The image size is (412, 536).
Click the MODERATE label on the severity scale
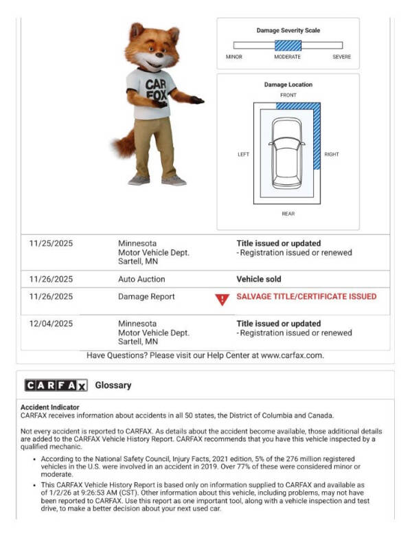tap(288, 57)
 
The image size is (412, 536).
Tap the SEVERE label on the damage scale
tap(341, 57)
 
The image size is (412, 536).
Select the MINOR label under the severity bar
tap(234, 57)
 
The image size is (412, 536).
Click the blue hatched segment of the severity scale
tap(288, 45)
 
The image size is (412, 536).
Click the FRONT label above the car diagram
tap(288, 95)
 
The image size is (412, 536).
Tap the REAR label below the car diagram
tap(288, 214)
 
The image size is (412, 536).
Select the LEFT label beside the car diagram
tap(244, 155)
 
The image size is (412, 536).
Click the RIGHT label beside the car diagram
tap(332, 155)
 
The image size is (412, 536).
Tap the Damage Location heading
tap(288, 85)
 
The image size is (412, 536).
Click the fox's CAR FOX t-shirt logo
tap(157, 90)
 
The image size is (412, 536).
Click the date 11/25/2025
tap(51, 243)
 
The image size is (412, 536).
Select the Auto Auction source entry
tap(141, 280)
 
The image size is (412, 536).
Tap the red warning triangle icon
tap(221, 299)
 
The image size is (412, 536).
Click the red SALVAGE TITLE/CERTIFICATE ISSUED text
tap(306, 297)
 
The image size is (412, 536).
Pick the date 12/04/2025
tap(51, 324)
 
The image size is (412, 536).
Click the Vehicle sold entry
tap(259, 280)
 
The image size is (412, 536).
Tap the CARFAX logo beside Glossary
tap(56, 385)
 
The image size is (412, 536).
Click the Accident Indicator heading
tap(49, 407)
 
